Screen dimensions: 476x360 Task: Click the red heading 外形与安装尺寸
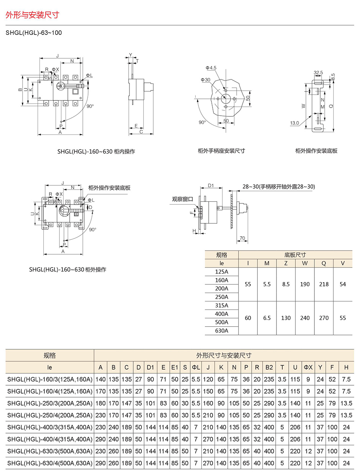click(32, 15)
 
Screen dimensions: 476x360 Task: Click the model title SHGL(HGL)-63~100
click(34, 33)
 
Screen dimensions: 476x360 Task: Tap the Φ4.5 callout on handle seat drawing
click(211, 68)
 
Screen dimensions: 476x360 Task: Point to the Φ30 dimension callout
click(205, 80)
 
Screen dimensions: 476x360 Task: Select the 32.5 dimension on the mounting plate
click(318, 72)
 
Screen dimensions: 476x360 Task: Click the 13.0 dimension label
click(294, 123)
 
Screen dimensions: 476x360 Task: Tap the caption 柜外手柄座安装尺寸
click(221, 150)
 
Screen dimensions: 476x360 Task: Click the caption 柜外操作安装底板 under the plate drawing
click(316, 150)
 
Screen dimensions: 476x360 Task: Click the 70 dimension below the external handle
click(242, 238)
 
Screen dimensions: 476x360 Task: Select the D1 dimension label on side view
click(211, 186)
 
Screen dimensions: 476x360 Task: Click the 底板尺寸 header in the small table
click(295, 255)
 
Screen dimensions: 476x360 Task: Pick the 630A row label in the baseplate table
click(221, 330)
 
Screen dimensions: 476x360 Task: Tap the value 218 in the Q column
click(324, 285)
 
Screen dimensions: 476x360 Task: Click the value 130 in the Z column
click(286, 318)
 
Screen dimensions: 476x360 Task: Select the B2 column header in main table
click(269, 367)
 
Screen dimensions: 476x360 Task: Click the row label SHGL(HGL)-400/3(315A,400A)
click(50, 427)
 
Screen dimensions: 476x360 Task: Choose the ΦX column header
click(308, 367)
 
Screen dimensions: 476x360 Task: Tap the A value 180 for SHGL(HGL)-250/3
click(100, 403)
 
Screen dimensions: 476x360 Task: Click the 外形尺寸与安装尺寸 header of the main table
click(224, 355)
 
